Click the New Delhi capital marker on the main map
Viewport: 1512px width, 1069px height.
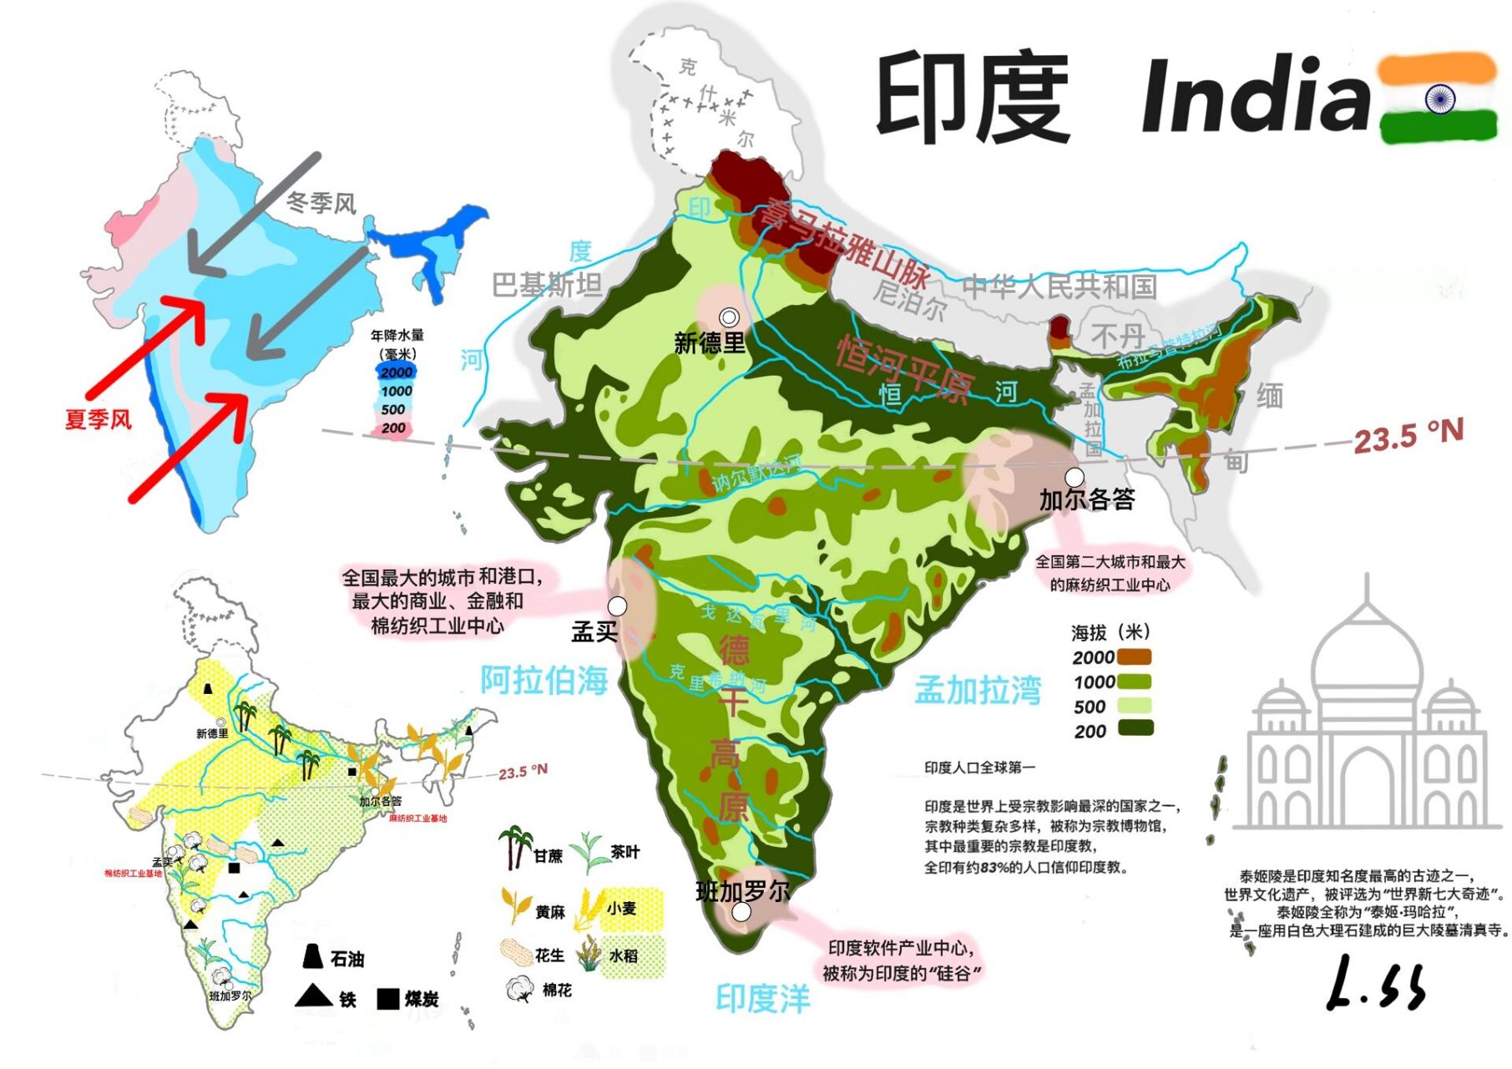pyautogui.click(x=730, y=317)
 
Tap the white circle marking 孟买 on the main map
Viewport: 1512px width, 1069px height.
pyautogui.click(x=617, y=605)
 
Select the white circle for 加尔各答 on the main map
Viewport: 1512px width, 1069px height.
pyautogui.click(x=1075, y=477)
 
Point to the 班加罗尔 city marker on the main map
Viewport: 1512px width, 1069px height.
pyautogui.click(x=741, y=913)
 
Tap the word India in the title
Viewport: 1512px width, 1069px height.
pyautogui.click(x=1256, y=96)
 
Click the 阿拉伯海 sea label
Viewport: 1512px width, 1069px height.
pyautogui.click(x=544, y=680)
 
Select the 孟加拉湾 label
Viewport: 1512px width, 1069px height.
pyautogui.click(x=978, y=690)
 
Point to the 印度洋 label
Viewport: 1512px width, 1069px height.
pyautogui.click(x=763, y=998)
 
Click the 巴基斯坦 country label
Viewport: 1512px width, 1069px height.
pyautogui.click(x=547, y=286)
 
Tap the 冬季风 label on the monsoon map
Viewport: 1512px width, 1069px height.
pyautogui.click(x=321, y=203)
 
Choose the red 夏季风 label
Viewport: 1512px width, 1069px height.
pyautogui.click(x=99, y=418)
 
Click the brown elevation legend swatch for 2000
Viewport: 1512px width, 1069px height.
pyautogui.click(x=1135, y=657)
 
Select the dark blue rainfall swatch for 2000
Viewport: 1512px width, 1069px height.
pyautogui.click(x=396, y=372)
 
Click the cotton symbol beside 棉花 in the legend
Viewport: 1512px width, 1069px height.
pyautogui.click(x=519, y=989)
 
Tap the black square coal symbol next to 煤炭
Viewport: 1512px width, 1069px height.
pyautogui.click(x=387, y=998)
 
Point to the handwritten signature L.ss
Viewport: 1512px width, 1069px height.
pyautogui.click(x=1376, y=984)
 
